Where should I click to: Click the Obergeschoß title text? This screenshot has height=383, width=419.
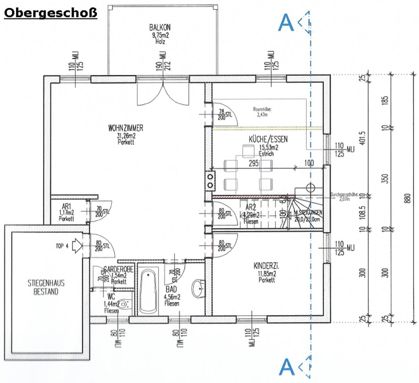point(50,13)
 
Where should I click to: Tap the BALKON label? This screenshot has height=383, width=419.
point(160,27)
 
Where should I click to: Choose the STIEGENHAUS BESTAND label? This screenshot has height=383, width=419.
point(46,288)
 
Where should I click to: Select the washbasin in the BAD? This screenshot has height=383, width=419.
point(197,288)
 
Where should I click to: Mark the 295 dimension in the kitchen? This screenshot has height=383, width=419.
point(253,163)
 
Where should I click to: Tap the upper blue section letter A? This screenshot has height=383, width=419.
point(286,22)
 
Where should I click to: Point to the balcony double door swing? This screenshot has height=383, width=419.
point(163,93)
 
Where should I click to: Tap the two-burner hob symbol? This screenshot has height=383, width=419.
point(211,180)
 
